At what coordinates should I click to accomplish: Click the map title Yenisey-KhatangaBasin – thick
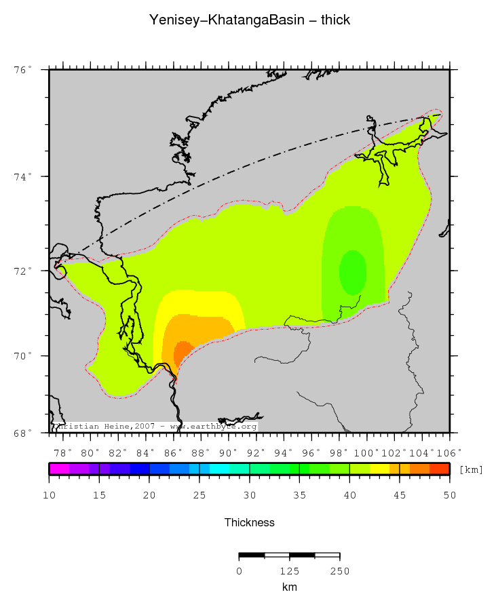click(249, 20)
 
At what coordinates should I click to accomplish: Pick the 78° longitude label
click(62, 452)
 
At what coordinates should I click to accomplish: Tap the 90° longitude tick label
click(229, 452)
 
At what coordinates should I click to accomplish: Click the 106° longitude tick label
click(449, 452)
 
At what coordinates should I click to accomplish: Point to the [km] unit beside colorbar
click(471, 469)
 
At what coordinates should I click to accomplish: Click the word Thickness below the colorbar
click(249, 522)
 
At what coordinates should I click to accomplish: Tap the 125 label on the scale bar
click(290, 571)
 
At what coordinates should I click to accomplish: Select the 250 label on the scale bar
click(339, 571)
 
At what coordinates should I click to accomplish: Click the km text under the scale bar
click(290, 587)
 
